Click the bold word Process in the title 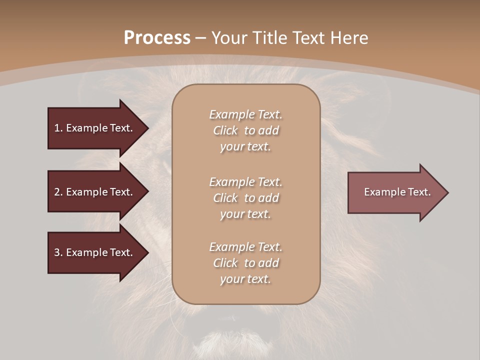pyautogui.click(x=157, y=38)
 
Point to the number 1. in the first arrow pyautogui.click(x=58, y=128)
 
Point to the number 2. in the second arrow pyautogui.click(x=58, y=192)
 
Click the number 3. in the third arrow pyautogui.click(x=58, y=252)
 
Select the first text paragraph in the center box pyautogui.click(x=245, y=130)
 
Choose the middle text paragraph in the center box pyautogui.click(x=245, y=198)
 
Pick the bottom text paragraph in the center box pyautogui.click(x=245, y=263)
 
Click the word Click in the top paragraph pyautogui.click(x=225, y=130)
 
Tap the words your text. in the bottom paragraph pyautogui.click(x=245, y=279)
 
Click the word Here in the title pyautogui.click(x=349, y=38)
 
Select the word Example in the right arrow pyautogui.click(x=383, y=192)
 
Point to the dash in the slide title pyautogui.click(x=200, y=38)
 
